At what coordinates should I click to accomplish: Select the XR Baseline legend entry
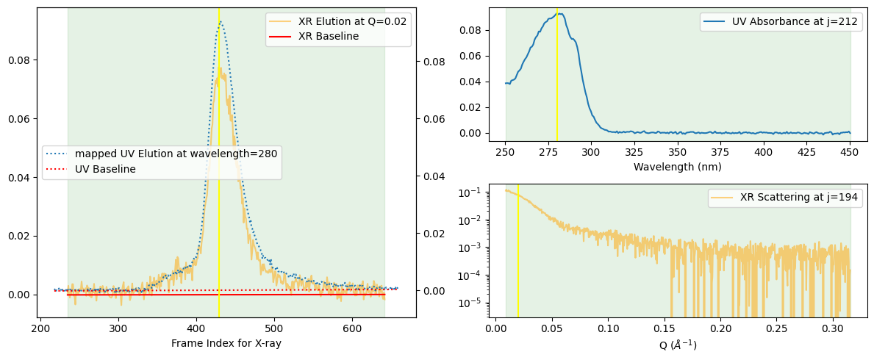(328, 36)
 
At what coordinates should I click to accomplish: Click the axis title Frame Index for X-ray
(226, 343)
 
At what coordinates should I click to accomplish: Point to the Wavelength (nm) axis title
(677, 167)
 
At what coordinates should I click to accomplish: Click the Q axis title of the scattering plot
(677, 344)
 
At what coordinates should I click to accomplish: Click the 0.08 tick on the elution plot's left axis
(18, 60)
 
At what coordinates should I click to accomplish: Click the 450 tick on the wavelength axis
(850, 151)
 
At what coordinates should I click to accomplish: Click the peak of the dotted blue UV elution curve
(219, 22)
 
